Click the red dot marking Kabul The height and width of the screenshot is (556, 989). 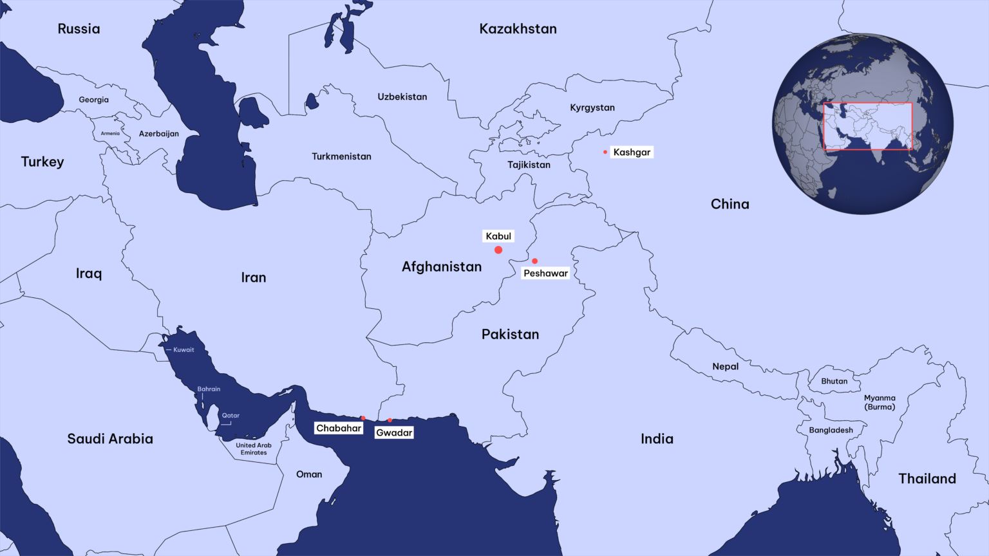[x=498, y=250]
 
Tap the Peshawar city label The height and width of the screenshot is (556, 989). [x=545, y=273]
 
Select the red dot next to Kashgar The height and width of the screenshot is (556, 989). [x=605, y=152]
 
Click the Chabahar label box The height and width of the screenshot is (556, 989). [x=339, y=429]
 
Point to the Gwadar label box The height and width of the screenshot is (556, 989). [x=394, y=433]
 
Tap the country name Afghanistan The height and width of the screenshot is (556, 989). [x=442, y=267]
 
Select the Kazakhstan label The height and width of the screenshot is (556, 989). [x=518, y=29]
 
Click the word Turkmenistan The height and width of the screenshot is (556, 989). [x=341, y=156]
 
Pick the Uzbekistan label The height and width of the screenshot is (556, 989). [x=402, y=97]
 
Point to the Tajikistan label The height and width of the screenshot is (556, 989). [x=529, y=165]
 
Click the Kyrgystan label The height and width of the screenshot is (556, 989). [x=592, y=108]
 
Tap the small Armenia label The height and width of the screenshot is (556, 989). [x=110, y=134]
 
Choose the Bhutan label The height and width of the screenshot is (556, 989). [x=834, y=381]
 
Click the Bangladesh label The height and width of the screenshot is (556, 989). [x=831, y=431]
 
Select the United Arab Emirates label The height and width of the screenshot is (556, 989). [x=254, y=449]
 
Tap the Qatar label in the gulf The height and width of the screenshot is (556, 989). [x=231, y=416]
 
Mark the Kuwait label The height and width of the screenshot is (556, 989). [x=184, y=350]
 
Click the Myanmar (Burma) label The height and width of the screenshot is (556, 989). [x=880, y=402]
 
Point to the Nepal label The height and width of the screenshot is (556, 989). [x=725, y=367]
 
